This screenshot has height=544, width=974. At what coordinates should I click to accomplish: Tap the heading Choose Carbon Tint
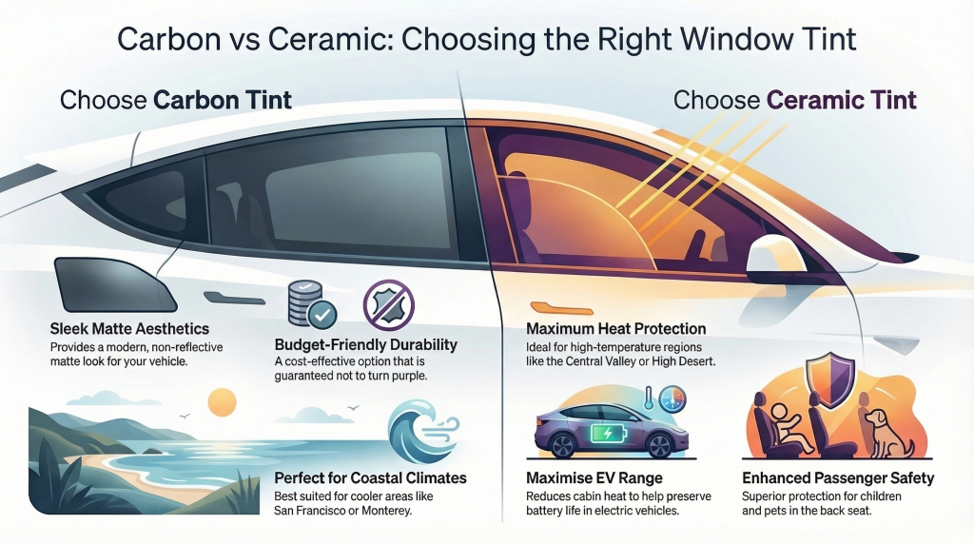[176, 101]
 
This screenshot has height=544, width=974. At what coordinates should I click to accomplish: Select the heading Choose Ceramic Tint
[795, 101]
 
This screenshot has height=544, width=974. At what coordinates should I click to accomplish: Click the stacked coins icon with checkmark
[312, 303]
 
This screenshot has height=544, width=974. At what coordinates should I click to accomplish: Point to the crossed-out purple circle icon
[388, 304]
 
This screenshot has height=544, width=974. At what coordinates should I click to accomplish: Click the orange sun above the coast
[222, 402]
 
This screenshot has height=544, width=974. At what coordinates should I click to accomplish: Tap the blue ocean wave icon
[422, 431]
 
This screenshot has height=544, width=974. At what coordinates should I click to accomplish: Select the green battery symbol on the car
[608, 433]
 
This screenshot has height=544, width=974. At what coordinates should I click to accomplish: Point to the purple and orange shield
[829, 379]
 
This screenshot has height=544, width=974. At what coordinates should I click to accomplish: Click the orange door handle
[562, 308]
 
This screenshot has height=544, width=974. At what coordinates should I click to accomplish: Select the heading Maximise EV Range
[594, 478]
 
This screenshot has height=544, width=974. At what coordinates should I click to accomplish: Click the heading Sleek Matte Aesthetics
[129, 328]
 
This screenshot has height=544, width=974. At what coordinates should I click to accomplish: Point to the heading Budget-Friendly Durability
[366, 345]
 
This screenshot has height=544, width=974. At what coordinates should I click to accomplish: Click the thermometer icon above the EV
[648, 398]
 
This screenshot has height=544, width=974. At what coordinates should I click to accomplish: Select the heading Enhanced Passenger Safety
[838, 478]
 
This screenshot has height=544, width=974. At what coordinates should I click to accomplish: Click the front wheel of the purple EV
[658, 445]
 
